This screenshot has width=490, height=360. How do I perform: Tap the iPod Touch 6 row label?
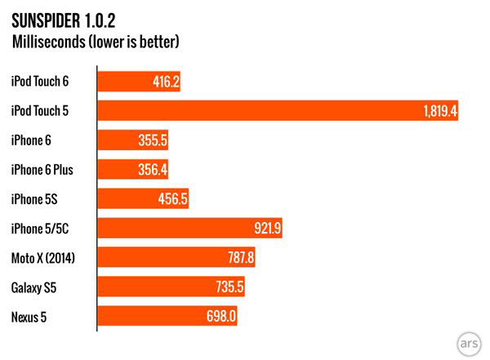(40, 81)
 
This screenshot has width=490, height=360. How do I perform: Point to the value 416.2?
(166, 82)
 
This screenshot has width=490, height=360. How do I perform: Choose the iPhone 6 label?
(32, 140)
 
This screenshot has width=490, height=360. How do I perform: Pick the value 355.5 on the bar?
(154, 140)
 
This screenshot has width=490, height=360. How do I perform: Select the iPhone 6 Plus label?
(43, 170)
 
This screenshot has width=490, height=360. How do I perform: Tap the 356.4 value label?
(154, 170)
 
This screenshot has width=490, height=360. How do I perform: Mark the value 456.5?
(173, 199)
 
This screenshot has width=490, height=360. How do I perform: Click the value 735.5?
(229, 287)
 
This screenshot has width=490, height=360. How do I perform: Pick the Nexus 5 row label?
(30, 317)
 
